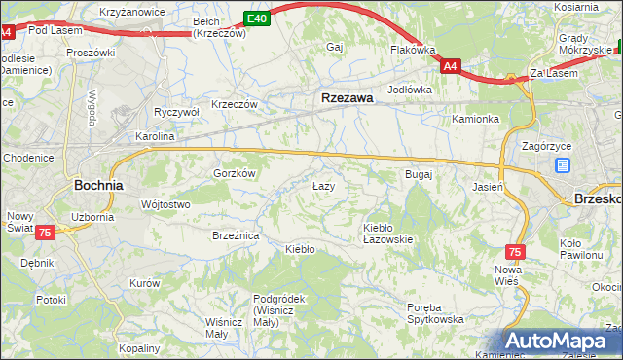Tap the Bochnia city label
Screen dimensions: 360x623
[98, 184]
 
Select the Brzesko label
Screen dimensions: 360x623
[597, 197]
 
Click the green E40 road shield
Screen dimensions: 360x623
[256, 18]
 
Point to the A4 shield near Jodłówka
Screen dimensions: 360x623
[450, 66]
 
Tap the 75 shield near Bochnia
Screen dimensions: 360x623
[45, 234]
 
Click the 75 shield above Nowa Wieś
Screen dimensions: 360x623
[515, 251]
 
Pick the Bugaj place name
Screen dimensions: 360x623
[418, 174]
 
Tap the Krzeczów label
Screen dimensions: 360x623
[235, 104]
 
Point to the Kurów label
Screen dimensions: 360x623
[144, 283]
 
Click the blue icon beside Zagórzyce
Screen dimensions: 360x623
[563, 165]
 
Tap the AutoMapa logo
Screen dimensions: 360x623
[563, 342]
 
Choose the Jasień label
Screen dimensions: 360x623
[487, 185]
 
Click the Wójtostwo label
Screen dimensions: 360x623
[165, 204]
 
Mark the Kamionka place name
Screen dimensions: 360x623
[475, 120]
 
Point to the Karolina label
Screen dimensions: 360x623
[155, 136]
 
